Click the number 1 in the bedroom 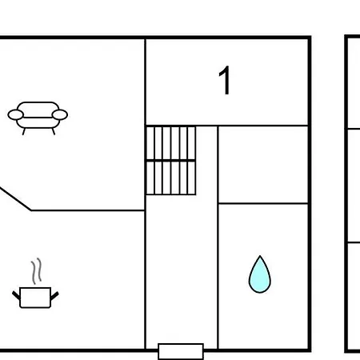[x=225, y=80]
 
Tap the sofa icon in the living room [x=38, y=118]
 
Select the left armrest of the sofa [x=15, y=115]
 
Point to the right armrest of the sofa [x=60, y=115]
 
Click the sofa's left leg [x=24, y=131]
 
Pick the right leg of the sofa [x=54, y=131]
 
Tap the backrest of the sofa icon [x=38, y=110]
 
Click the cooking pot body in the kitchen [x=35, y=298]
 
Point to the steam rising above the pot [x=37, y=271]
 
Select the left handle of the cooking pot [x=16, y=295]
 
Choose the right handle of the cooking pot [x=54, y=295]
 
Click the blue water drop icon [x=260, y=274]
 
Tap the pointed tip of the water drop [x=260, y=256]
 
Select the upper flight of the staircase [x=171, y=143]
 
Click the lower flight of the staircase [x=171, y=178]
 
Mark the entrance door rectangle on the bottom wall [x=181, y=352]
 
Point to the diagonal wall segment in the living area [x=15, y=199]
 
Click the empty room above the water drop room [x=263, y=164]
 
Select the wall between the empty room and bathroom [x=263, y=203]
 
